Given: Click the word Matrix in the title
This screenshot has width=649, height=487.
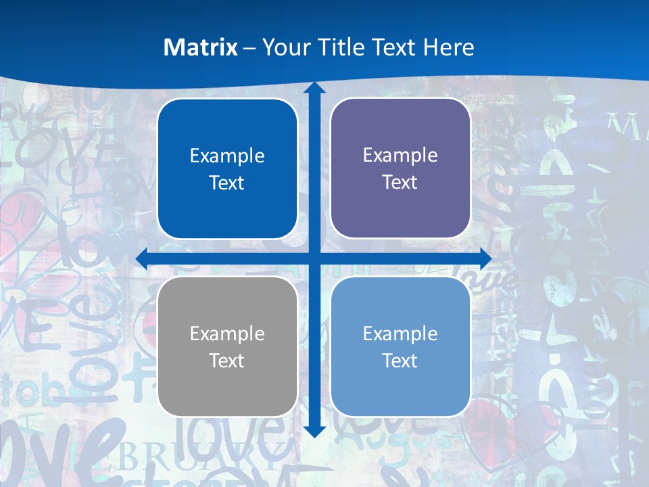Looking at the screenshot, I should point(201,47).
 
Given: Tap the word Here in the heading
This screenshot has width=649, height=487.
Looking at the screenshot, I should point(449,47).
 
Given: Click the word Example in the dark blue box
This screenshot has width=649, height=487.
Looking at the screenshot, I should point(227,156).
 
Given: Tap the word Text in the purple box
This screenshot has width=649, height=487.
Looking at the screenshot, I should point(400,183).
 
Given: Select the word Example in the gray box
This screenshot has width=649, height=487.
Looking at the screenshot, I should point(227,334).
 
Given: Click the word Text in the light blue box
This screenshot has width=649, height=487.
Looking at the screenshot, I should point(400,361).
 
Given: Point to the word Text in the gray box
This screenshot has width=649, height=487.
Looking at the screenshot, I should point(226,361).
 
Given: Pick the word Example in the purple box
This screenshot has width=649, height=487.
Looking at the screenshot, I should point(400,156).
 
